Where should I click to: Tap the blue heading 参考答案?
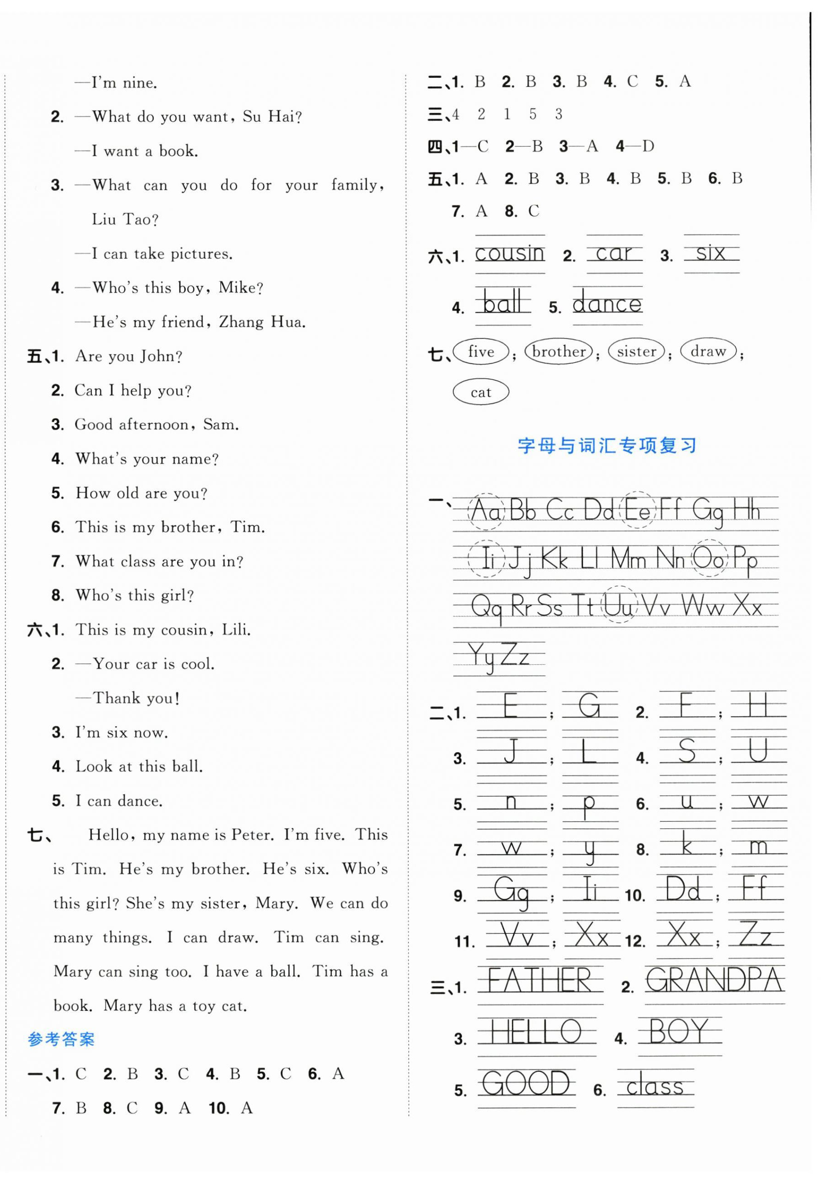point(61,1039)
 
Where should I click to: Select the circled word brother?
point(559,352)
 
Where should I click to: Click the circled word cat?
point(480,392)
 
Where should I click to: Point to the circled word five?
point(480,352)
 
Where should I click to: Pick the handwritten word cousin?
point(509,253)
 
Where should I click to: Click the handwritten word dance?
point(607,304)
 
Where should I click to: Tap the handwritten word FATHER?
point(539,980)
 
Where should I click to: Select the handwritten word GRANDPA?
point(714,979)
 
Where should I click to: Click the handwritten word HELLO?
point(536,1032)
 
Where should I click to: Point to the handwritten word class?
point(655,1087)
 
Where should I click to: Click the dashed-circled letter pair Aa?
point(485,511)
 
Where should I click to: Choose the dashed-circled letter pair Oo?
point(709,558)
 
